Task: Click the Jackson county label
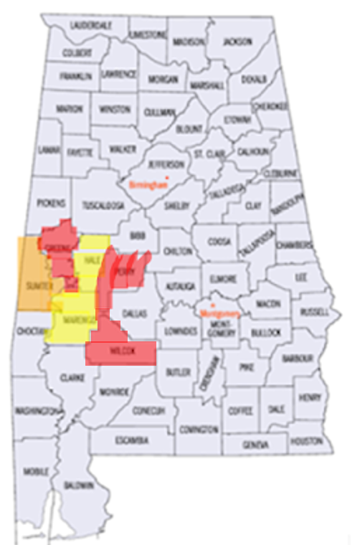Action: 237,42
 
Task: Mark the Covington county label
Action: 200,429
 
